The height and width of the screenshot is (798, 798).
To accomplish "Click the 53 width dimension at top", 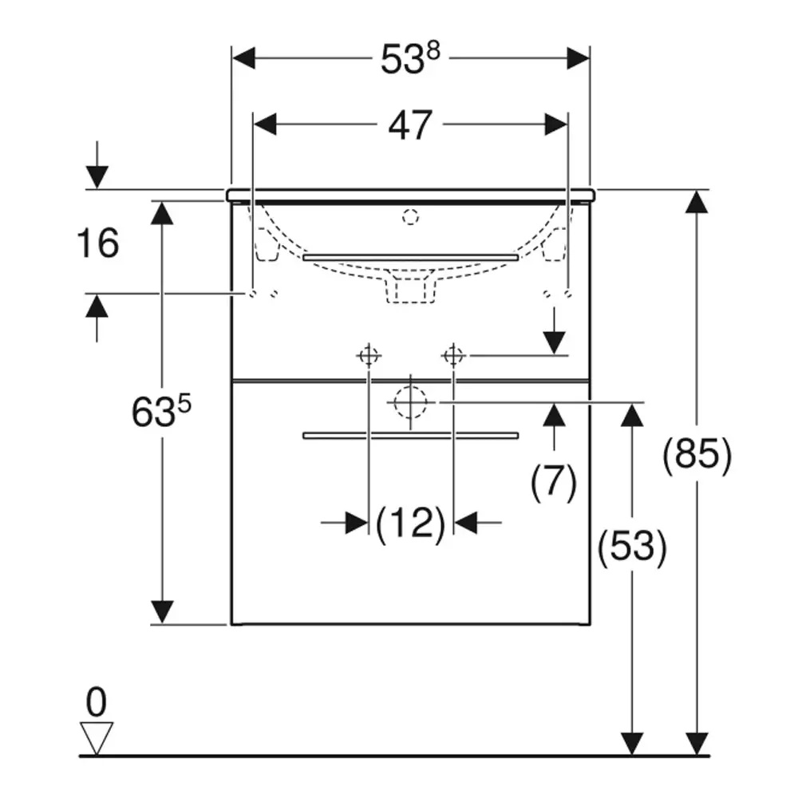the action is (402, 60).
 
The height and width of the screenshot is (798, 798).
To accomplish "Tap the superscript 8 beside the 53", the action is (433, 51).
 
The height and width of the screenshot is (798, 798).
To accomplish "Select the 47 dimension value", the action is (410, 126).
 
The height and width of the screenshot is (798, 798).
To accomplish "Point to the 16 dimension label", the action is (97, 243).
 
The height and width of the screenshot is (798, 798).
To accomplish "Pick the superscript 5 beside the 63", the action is (184, 405).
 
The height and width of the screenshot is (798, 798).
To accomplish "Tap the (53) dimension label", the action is (631, 547).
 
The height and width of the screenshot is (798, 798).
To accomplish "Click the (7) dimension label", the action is (554, 481).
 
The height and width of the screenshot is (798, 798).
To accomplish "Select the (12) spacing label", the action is (410, 523).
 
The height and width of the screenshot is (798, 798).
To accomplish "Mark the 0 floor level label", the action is (97, 702).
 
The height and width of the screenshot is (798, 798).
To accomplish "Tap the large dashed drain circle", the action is (410, 402).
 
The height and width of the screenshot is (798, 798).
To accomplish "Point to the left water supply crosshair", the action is (369, 356).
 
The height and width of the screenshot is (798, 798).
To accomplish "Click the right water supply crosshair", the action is (453, 356).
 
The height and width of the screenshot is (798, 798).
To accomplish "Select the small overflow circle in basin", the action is (410, 217).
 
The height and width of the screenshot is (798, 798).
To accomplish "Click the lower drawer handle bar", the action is (410, 435).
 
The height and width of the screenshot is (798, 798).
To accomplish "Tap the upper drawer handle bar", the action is (410, 258).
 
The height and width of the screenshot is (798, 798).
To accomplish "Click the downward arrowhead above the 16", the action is (97, 177).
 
